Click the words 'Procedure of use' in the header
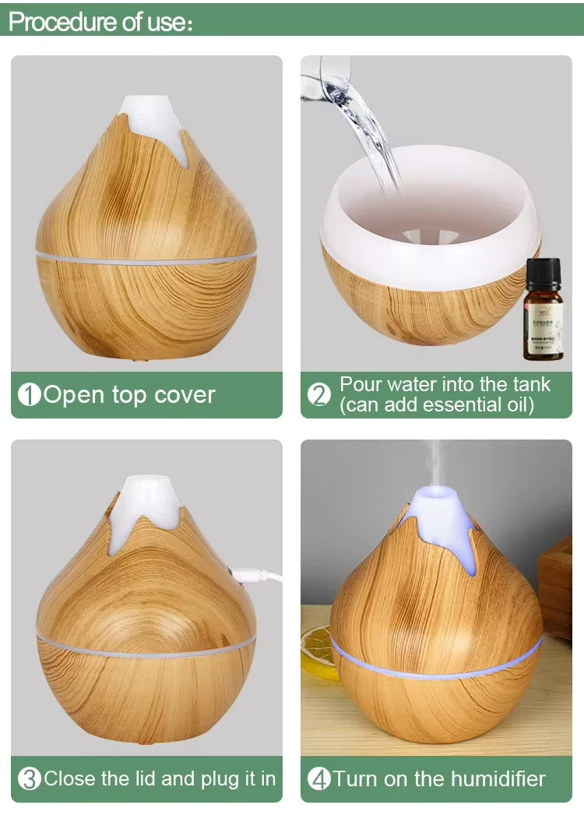pos(97,22)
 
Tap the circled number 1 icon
pos(29,395)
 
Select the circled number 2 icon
pos(319,395)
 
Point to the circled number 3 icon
pos(29,778)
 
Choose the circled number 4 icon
pos(319,778)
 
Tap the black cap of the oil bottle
pos(543,271)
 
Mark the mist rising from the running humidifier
pos(434,464)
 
